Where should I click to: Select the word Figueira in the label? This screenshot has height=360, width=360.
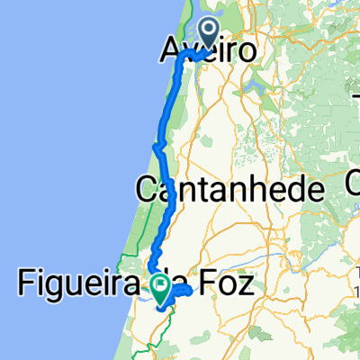pos(79,287)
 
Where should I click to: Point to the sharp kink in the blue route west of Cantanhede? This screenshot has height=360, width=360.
pos(157,147)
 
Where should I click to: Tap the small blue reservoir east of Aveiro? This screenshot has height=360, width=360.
pos(247,89)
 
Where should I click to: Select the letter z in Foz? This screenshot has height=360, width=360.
pos(252,287)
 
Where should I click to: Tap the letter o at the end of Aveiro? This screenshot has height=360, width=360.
pos(241,51)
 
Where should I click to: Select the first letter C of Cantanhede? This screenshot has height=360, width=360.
pos(147,190)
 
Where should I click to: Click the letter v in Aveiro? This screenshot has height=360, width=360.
pos(192,51)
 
